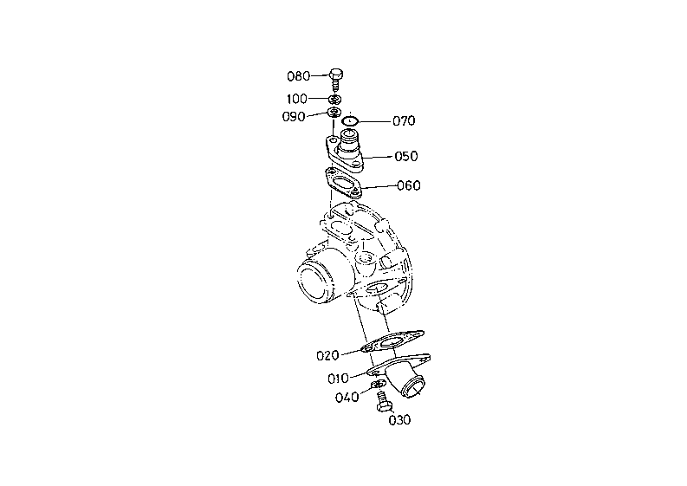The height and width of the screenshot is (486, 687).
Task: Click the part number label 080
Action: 299,75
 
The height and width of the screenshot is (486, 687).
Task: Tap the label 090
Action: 294,117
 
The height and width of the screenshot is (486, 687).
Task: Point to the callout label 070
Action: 404,121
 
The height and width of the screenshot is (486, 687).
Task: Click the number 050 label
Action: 406,157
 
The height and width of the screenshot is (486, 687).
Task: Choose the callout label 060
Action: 409,185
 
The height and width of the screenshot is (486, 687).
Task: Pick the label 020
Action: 327,354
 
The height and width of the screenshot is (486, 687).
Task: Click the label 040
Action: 347,398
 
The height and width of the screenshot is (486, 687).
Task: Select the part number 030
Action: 399,421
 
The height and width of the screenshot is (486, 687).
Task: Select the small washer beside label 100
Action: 334,99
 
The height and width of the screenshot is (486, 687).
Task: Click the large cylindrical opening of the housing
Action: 313,282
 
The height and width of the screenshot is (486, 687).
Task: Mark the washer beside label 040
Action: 379,385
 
